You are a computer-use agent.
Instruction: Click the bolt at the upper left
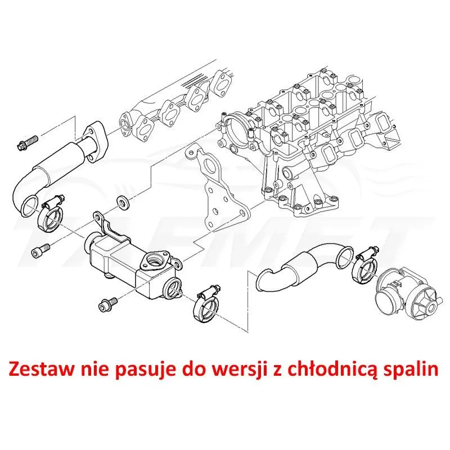pos(27,143)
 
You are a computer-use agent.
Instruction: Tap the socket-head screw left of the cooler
pos(40,250)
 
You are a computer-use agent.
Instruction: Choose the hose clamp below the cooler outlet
pos(206,305)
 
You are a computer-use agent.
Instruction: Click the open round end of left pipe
pos(30,205)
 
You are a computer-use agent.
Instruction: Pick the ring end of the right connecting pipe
pos(345,256)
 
